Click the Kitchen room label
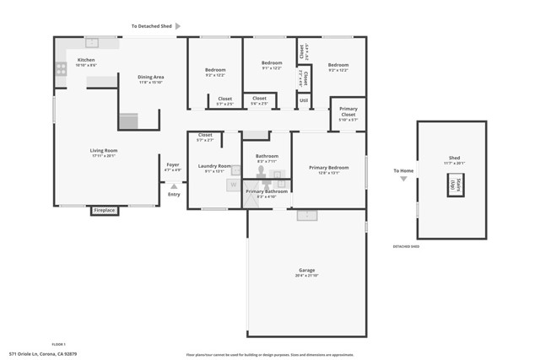pyautogui.click(x=87, y=60)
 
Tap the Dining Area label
pyautogui.click(x=151, y=78)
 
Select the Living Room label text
pyautogui.click(x=103, y=151)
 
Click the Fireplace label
pyautogui.click(x=104, y=210)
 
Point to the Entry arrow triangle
pyautogui.click(x=174, y=186)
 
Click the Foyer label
pyautogui.click(x=173, y=165)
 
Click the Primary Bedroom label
pyautogui.click(x=328, y=168)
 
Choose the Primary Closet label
pyautogui.click(x=348, y=111)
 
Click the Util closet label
pyautogui.click(x=304, y=100)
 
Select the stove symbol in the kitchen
pyautogui.click(x=61, y=70)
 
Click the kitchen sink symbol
pyautogui.click(x=92, y=43)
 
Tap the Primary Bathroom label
pyautogui.click(x=267, y=191)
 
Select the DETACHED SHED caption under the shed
pyautogui.click(x=406, y=247)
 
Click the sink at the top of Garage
pyautogui.click(x=306, y=215)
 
